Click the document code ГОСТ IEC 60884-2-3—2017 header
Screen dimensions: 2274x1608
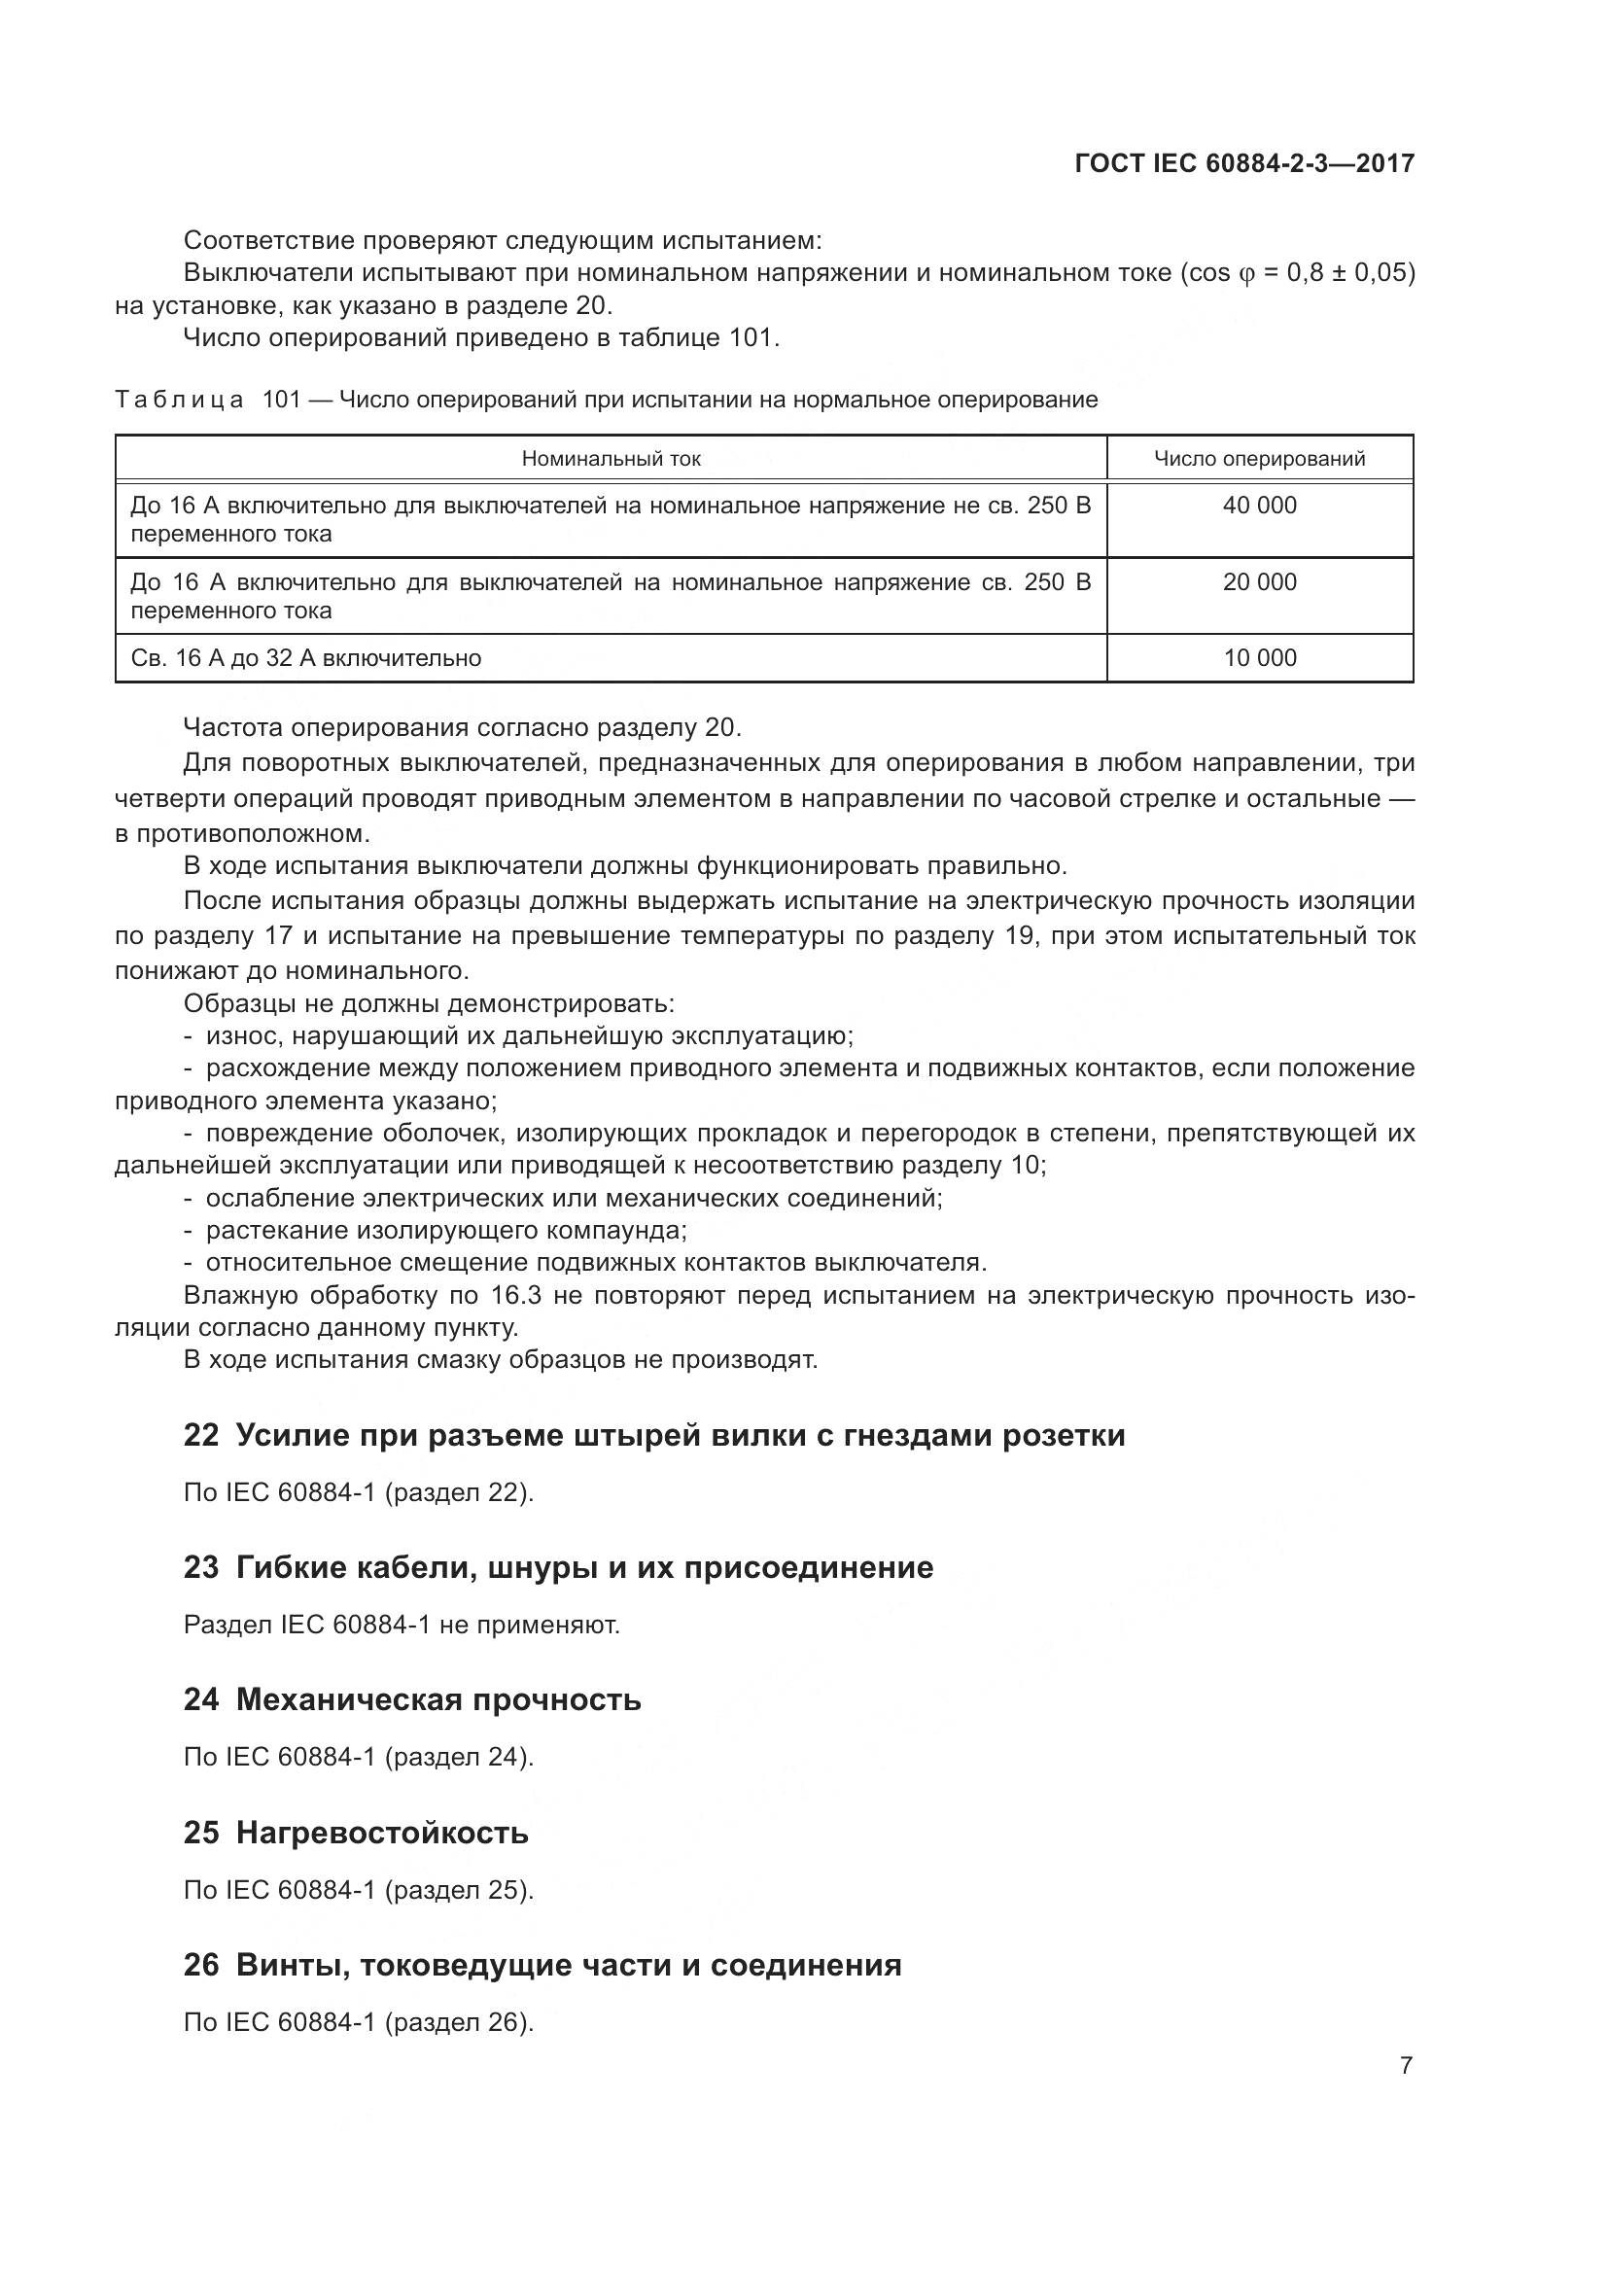(1243, 163)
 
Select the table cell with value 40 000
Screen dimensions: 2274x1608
(1258, 506)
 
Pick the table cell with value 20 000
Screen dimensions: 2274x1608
(1258, 581)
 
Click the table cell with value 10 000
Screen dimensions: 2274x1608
(1258, 657)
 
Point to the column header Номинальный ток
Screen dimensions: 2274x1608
(611, 459)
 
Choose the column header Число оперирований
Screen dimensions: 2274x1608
(1258, 459)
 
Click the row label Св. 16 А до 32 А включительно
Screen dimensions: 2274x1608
(306, 657)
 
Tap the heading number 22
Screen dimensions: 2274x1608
(201, 1435)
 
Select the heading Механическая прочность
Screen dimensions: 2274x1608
(438, 1699)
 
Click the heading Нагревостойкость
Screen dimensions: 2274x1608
(382, 1833)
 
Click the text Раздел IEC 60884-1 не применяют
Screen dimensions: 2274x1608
(402, 1626)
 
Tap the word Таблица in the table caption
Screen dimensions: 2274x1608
(179, 401)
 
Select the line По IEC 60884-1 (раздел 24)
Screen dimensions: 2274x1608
(359, 1757)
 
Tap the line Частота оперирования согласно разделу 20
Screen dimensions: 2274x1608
(463, 728)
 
